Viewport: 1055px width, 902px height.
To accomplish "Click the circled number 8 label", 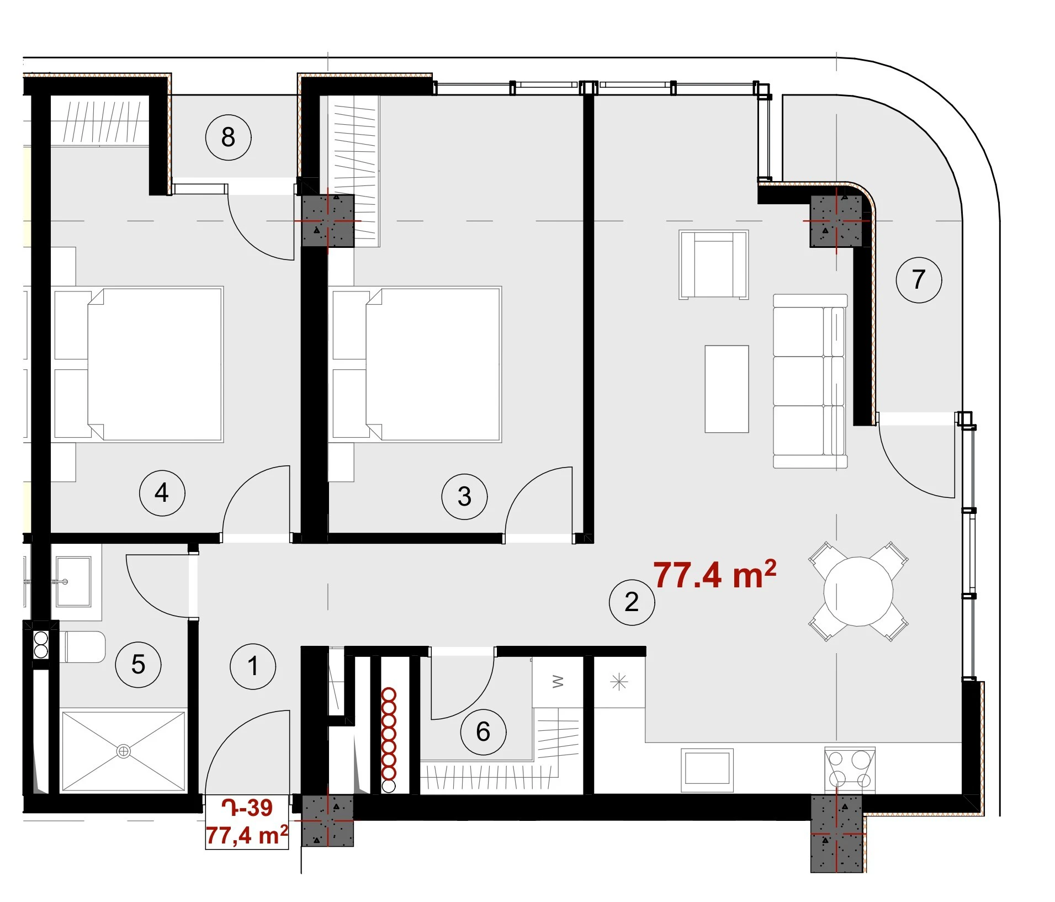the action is coord(228,137).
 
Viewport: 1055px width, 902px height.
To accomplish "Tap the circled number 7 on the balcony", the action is coord(919,280).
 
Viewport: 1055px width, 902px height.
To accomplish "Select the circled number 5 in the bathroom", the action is coord(138,664).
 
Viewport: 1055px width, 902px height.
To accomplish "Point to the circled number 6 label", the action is coord(483,732).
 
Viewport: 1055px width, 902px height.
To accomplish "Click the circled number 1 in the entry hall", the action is coord(253,666).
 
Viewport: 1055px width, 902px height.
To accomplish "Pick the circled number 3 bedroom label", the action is coord(464,496).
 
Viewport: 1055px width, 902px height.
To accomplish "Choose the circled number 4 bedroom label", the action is coord(162,493).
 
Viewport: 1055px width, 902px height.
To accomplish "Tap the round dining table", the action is coord(858,591).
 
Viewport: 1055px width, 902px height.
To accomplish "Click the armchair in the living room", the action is coord(713,264).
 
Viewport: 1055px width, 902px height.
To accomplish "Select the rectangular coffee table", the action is coord(727,389).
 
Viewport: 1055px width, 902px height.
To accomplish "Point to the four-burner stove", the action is coord(850,770).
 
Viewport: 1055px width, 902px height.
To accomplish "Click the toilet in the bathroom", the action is coord(83,647).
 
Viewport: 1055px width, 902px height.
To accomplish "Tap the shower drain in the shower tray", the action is coord(123,751).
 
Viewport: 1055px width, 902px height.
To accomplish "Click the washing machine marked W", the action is coord(558,682).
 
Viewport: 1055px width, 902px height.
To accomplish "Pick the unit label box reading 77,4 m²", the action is coord(247,822).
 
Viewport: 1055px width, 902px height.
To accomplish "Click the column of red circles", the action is coord(389,740).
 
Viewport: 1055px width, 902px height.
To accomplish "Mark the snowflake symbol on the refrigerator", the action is coord(619,682).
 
